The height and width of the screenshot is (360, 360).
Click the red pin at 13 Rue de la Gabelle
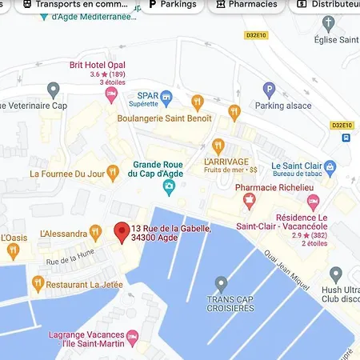click(x=122, y=232)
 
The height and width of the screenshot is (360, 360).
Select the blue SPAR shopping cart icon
click(x=166, y=98)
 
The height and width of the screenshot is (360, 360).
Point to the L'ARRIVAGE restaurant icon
click(x=234, y=113)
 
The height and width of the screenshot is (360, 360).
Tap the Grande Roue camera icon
click(x=169, y=187)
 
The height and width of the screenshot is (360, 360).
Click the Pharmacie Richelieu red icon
click(x=250, y=198)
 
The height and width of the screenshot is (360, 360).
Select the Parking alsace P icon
click(x=270, y=90)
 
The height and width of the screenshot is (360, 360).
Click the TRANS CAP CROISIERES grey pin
click(x=222, y=283)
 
